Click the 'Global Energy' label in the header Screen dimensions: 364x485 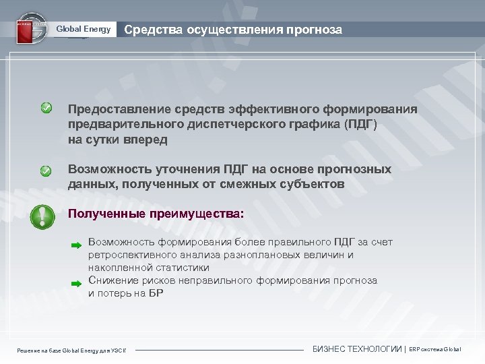point(83,29)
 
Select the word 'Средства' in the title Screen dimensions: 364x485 point(149,30)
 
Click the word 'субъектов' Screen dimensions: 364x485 point(313,184)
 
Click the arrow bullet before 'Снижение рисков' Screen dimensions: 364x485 point(76,284)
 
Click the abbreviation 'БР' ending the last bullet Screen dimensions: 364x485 point(155,293)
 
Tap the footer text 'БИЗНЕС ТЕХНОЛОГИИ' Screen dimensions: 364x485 point(357,349)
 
